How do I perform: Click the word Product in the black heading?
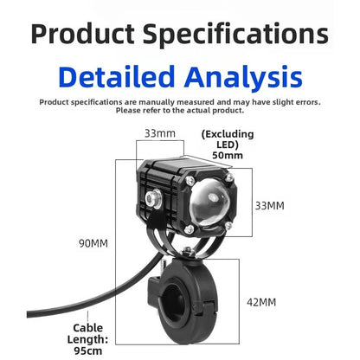click(x=83, y=34)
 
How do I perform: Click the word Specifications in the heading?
click(x=235, y=35)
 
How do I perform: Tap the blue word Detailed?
click(x=117, y=76)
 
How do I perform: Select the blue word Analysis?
click(x=243, y=77)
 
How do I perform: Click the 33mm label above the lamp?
click(x=160, y=133)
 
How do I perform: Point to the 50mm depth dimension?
click(x=228, y=155)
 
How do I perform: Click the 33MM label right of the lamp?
click(x=270, y=206)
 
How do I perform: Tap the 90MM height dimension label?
click(x=93, y=243)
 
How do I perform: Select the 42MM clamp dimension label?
click(x=261, y=302)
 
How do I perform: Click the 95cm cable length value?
click(x=88, y=350)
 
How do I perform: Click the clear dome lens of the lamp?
click(x=209, y=202)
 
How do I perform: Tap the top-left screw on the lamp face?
click(x=190, y=181)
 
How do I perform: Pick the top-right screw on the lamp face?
click(x=229, y=177)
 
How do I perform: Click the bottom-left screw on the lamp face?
click(x=189, y=229)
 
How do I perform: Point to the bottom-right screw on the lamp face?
click(x=228, y=226)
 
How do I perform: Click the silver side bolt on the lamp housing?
click(x=153, y=199)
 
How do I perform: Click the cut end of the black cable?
click(x=29, y=314)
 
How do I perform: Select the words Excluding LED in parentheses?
click(x=228, y=139)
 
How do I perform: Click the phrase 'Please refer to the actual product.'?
click(x=180, y=111)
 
